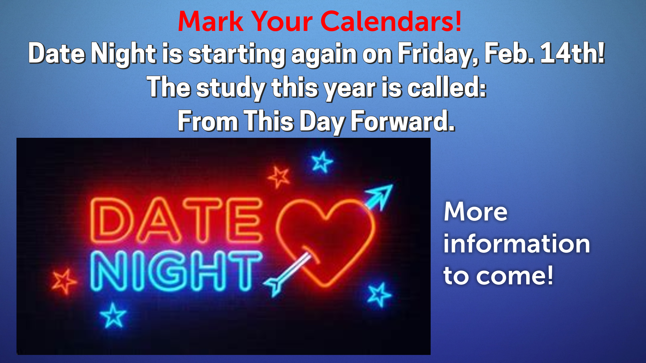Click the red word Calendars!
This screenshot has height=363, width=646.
coord(391,21)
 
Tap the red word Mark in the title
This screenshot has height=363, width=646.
coord(211,21)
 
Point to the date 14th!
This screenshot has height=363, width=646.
coord(572,53)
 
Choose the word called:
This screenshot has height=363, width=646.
coord(447,87)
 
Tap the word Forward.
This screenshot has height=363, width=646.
coord(402,121)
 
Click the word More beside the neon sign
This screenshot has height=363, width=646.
coord(475,212)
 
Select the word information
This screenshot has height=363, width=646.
coord(516,243)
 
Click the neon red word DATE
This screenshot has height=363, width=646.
coord(176,220)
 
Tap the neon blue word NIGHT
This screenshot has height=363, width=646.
coord(176,271)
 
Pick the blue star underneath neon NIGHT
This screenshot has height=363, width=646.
coord(113,315)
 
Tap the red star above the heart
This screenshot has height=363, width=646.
coord(279,177)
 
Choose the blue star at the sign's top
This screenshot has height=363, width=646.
coord(322,162)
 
